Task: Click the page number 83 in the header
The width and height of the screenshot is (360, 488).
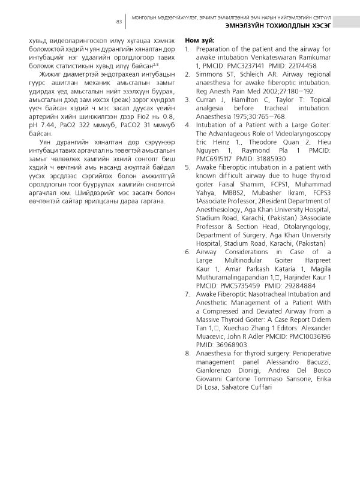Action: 119,22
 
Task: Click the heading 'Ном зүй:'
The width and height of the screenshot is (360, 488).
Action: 200,40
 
